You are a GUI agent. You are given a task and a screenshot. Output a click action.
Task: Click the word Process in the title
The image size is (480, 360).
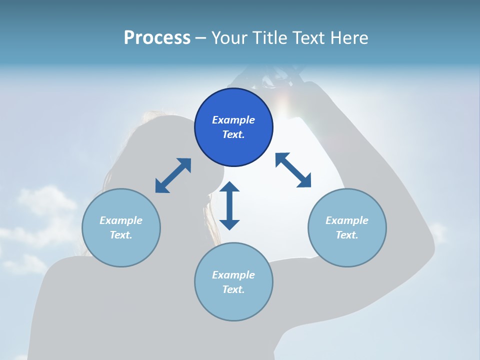[157, 38]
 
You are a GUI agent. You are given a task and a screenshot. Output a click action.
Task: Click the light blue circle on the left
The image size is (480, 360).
[121, 227]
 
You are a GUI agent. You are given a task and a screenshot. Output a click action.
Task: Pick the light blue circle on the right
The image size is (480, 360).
[347, 227]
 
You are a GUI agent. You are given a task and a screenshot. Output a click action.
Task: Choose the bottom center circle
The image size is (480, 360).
[233, 281]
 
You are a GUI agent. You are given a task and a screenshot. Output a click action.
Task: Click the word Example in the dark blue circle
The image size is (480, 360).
[233, 120]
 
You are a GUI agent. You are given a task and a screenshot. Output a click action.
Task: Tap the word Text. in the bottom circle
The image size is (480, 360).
[233, 289]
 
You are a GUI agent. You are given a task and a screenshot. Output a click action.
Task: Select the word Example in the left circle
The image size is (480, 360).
[121, 220]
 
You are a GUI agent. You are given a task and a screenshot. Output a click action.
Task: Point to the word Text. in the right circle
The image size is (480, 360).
[347, 235]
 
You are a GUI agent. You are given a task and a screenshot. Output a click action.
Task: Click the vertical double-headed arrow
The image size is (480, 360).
[229, 205]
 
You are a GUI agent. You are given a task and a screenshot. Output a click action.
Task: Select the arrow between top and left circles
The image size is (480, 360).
[173, 175]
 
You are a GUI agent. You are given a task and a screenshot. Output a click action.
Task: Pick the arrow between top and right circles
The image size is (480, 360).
[293, 170]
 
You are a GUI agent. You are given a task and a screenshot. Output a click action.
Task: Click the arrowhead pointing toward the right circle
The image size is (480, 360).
[304, 181]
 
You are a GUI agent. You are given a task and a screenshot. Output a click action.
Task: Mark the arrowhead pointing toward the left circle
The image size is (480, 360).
[161, 186]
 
